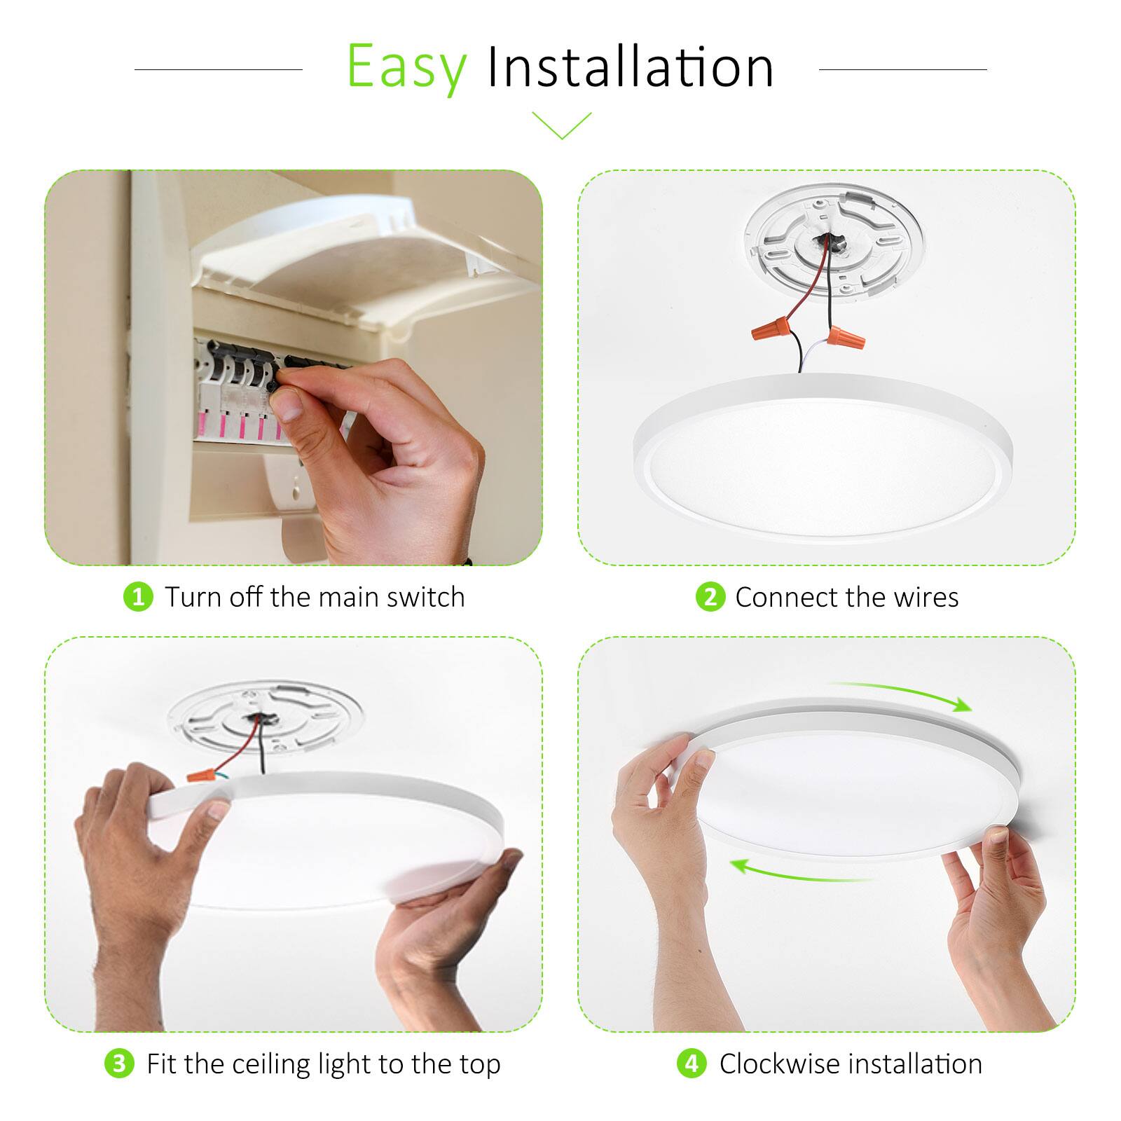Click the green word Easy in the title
pyautogui.click(x=406, y=68)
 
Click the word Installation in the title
pyautogui.click(x=631, y=68)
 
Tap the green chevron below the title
pyautogui.click(x=561, y=125)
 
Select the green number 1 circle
pyautogui.click(x=138, y=597)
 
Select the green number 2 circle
pyautogui.click(x=710, y=597)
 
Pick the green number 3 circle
pyautogui.click(x=119, y=1064)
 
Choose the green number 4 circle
pyautogui.click(x=692, y=1064)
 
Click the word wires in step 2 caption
pyautogui.click(x=930, y=597)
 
